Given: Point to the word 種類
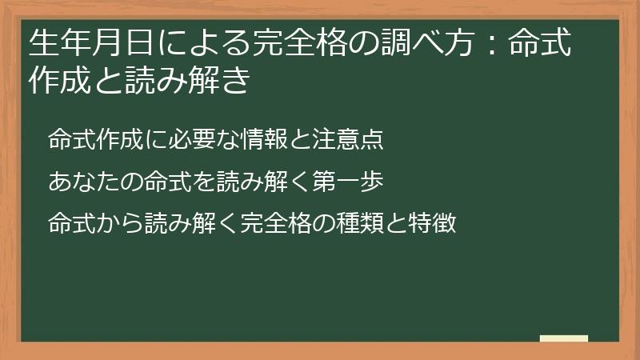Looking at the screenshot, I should click(363, 222).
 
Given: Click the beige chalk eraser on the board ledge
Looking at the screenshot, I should click(564, 338).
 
